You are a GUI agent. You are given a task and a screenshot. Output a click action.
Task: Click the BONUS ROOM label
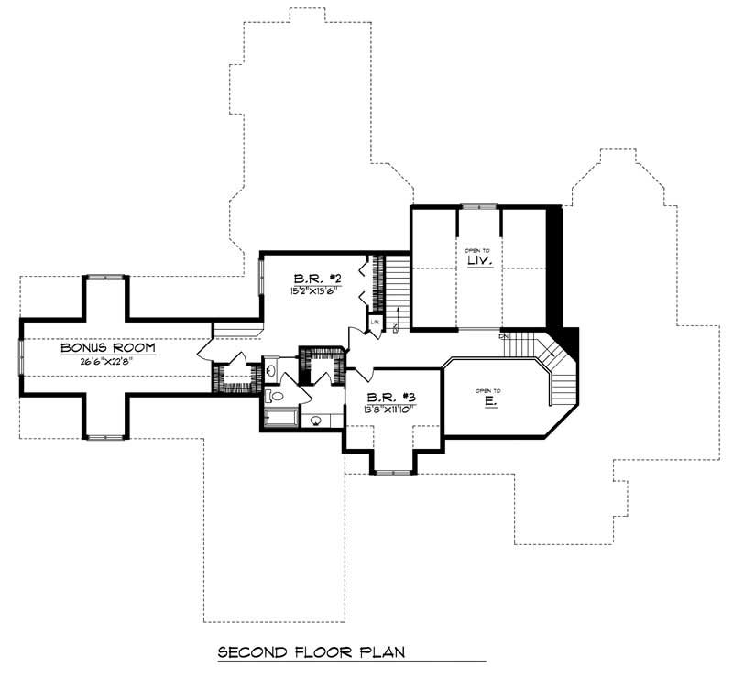(108, 348)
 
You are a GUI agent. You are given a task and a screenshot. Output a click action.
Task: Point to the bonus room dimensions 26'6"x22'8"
(108, 361)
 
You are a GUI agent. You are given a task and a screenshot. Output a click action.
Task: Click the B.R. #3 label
(391, 397)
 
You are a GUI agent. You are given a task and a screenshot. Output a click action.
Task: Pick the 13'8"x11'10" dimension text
(391, 409)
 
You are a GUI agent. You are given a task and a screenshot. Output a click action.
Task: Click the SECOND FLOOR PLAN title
(312, 653)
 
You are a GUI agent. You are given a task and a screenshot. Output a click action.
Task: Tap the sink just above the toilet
(272, 371)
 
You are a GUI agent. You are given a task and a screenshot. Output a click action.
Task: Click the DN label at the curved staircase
(503, 336)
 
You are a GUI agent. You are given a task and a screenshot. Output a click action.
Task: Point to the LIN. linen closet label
(376, 323)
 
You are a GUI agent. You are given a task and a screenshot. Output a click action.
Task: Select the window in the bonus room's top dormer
(105, 276)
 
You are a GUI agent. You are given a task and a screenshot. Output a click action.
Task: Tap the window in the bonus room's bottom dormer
(105, 437)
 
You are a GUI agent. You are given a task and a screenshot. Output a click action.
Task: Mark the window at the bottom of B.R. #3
(392, 473)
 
